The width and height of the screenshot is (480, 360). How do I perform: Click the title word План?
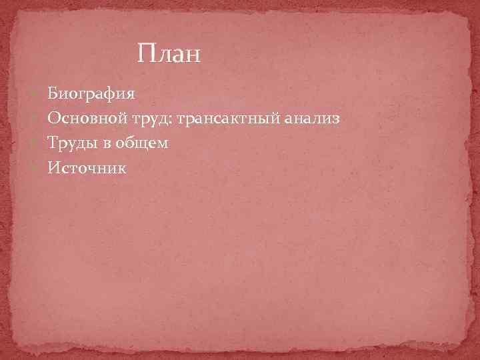coord(169,53)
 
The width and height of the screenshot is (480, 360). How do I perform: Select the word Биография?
coord(92,94)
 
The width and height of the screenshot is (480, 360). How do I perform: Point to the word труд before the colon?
coord(153,119)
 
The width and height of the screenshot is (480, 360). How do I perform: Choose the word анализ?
coord(312,119)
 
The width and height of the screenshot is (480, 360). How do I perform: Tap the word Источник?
coord(87,168)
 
